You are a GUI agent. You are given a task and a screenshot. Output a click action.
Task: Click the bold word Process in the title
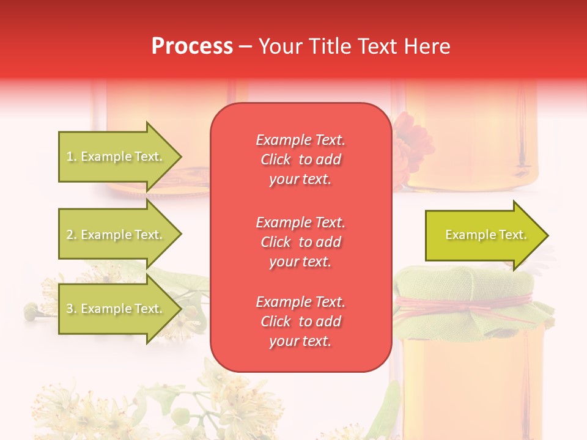192,46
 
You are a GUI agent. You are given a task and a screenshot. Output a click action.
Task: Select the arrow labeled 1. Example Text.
116,156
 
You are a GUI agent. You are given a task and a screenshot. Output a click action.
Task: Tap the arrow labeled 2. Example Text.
116,235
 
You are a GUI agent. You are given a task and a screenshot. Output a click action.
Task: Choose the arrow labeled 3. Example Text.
116,309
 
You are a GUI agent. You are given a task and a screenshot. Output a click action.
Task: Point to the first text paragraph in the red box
300,159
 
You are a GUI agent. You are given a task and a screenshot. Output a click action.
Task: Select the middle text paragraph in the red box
300,241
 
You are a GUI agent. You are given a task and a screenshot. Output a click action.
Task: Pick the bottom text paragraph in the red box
300,321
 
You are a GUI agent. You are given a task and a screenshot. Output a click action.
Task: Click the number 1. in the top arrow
72,157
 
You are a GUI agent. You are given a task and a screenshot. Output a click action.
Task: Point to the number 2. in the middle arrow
72,235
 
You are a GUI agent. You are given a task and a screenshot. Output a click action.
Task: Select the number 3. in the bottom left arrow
72,309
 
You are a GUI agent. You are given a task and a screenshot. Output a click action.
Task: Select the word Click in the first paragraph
275,160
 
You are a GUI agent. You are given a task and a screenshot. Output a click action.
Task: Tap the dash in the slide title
245,47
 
